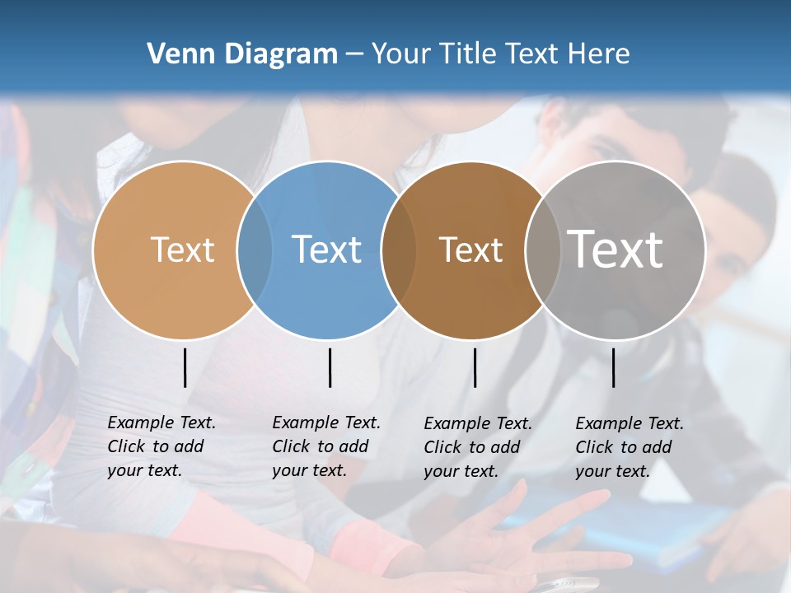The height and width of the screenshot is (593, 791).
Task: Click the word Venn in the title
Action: (x=176, y=54)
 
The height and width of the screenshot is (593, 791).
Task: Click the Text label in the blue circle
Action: (x=327, y=250)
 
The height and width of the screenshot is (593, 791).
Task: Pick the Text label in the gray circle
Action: (x=615, y=250)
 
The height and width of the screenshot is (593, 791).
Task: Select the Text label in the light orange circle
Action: (x=182, y=250)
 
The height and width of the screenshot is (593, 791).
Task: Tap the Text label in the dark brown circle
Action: (x=470, y=250)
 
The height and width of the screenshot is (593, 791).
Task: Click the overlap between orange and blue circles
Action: (x=255, y=250)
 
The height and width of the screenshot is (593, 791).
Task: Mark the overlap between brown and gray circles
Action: (x=543, y=250)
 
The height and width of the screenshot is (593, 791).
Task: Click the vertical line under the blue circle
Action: (x=330, y=367)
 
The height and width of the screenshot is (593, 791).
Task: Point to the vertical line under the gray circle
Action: (x=614, y=367)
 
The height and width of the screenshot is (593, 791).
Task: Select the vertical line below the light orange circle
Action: (x=185, y=367)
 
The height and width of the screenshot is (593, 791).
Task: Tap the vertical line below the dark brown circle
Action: (x=475, y=367)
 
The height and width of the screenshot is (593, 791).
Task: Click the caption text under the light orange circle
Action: (x=161, y=446)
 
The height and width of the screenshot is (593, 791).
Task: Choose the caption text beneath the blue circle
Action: (x=326, y=446)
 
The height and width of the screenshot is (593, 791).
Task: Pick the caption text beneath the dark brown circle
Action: (x=478, y=447)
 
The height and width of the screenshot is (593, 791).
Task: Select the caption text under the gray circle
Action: (x=630, y=447)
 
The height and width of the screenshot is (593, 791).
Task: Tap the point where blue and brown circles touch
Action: (x=399, y=250)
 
